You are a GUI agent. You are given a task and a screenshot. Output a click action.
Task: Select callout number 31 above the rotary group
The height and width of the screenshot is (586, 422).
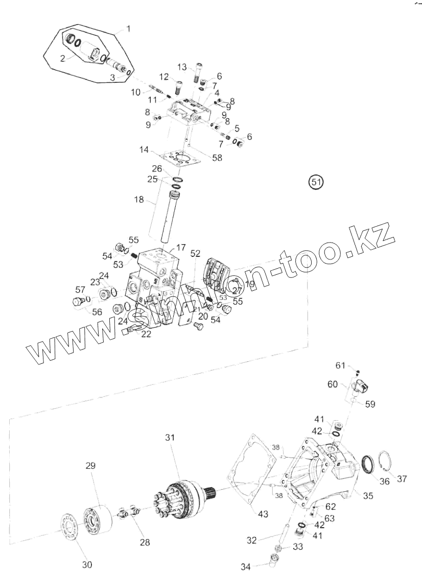pyautogui.click(x=170, y=438)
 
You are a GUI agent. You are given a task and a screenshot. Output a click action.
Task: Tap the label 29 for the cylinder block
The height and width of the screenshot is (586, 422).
pyautogui.click(x=90, y=466)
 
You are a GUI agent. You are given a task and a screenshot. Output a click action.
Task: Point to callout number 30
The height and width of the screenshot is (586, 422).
pyautogui.click(x=87, y=565)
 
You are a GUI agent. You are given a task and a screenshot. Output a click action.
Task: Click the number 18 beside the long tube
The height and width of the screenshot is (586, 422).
pyautogui.click(x=139, y=200)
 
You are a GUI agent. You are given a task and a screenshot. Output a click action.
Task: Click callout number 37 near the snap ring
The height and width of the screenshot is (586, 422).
pyautogui.click(x=402, y=479)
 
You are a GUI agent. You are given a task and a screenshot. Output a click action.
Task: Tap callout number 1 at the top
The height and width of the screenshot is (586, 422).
pyautogui.click(x=128, y=29)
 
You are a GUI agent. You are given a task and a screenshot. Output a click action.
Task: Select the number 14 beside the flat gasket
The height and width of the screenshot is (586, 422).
pyautogui.click(x=144, y=150)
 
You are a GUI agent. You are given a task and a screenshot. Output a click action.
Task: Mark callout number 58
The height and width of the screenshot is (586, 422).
pyautogui.click(x=217, y=158)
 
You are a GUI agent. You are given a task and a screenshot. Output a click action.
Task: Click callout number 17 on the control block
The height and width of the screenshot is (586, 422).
pyautogui.click(x=181, y=247)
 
